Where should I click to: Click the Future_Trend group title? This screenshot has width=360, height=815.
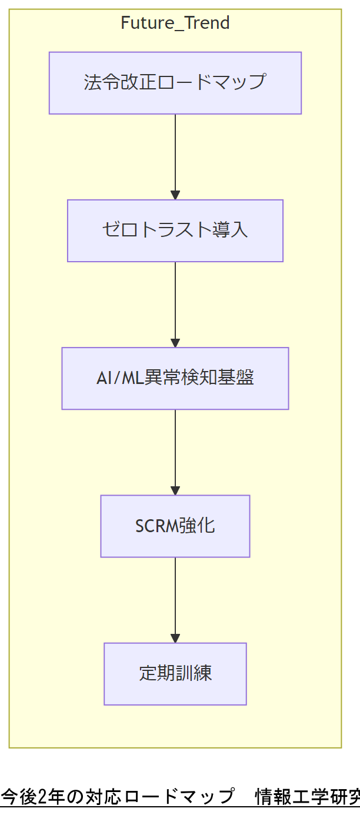click(x=175, y=24)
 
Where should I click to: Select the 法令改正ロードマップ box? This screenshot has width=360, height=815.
click(x=175, y=83)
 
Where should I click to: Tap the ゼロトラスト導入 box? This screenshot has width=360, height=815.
click(x=175, y=231)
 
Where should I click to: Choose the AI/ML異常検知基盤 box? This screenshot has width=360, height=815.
click(x=175, y=378)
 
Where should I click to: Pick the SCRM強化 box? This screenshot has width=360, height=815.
click(x=175, y=526)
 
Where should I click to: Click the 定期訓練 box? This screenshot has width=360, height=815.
click(x=175, y=673)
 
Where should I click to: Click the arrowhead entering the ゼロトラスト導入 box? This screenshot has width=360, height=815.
click(x=175, y=195)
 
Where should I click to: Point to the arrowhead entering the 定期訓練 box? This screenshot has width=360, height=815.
click(x=175, y=638)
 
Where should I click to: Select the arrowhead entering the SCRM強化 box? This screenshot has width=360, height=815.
click(x=175, y=490)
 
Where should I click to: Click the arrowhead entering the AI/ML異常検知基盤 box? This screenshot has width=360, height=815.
click(x=175, y=343)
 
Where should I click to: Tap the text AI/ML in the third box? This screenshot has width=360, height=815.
click(x=121, y=378)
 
